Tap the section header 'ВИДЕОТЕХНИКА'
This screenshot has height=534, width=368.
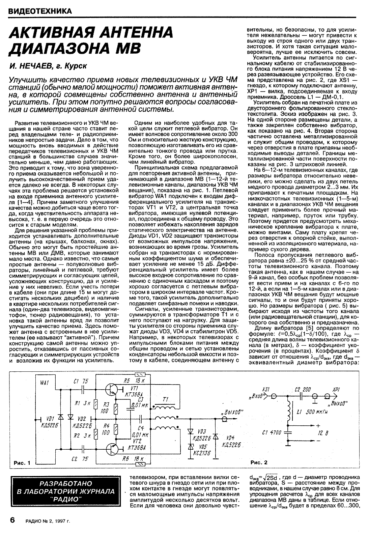(40, 11)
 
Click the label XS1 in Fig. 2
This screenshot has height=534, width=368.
(266, 389)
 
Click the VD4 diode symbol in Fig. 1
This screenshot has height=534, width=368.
(215, 435)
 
